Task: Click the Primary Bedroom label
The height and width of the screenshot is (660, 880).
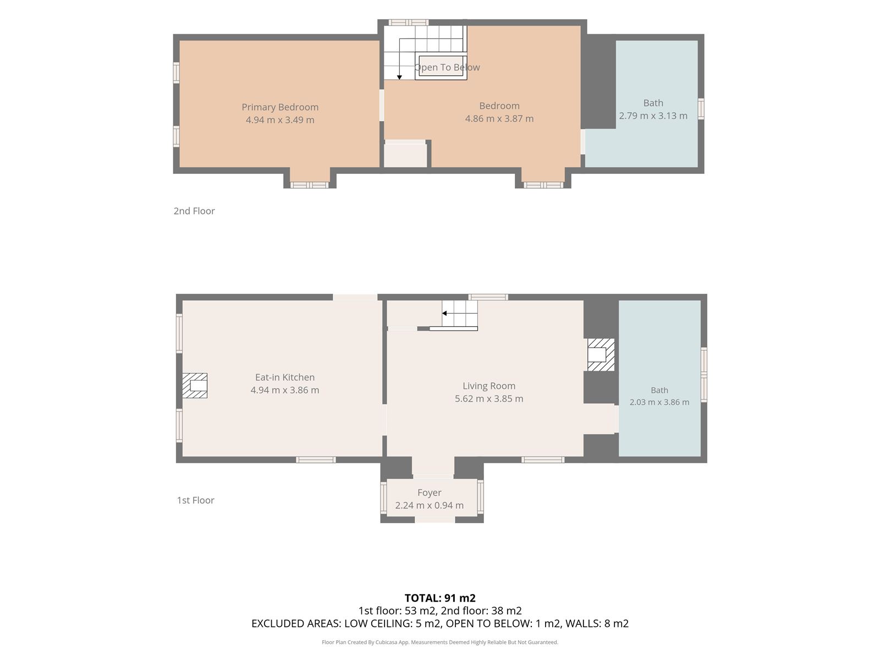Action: pyautogui.click(x=280, y=107)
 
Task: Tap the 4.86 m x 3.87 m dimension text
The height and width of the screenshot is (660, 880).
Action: pyautogui.click(x=499, y=119)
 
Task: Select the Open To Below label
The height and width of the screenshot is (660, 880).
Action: pyautogui.click(x=447, y=67)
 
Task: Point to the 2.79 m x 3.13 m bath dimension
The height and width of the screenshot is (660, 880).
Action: pyautogui.click(x=653, y=116)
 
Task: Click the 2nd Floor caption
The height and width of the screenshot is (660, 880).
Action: pyautogui.click(x=194, y=211)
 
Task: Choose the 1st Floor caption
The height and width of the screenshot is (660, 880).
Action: pyautogui.click(x=196, y=500)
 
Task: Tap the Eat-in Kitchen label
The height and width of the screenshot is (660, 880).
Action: pyautogui.click(x=285, y=377)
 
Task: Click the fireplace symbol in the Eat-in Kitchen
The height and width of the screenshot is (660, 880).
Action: pyautogui.click(x=195, y=386)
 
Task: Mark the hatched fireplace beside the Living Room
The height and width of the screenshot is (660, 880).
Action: pyautogui.click(x=601, y=355)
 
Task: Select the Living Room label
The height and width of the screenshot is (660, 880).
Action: pyautogui.click(x=489, y=386)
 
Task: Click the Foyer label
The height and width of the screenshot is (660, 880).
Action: pyautogui.click(x=430, y=492)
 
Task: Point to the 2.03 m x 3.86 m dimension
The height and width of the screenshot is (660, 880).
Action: pyautogui.click(x=659, y=402)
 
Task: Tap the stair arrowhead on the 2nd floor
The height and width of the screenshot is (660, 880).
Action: pyautogui.click(x=399, y=78)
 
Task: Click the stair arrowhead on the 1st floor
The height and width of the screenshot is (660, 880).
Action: pyautogui.click(x=444, y=313)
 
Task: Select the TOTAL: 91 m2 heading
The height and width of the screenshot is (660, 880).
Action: pyautogui.click(x=440, y=598)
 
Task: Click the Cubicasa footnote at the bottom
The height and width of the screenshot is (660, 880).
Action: pyautogui.click(x=440, y=642)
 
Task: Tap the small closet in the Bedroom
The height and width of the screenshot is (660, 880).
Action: pyautogui.click(x=405, y=155)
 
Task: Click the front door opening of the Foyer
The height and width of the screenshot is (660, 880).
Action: pyautogui.click(x=435, y=519)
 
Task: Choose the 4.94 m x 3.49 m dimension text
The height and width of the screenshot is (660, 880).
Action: pyautogui.click(x=280, y=120)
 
